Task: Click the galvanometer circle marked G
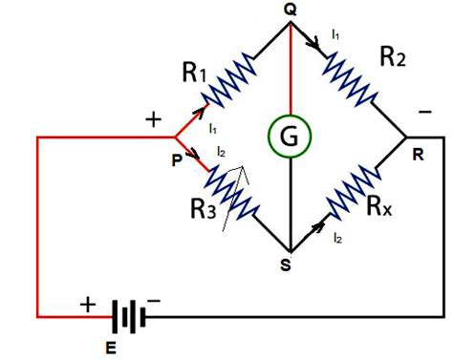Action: pos(287,139)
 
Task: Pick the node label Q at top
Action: pos(290,9)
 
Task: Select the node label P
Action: pos(176,160)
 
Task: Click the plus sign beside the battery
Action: pos(87,305)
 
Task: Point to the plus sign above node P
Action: pos(154,119)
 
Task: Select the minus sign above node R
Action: pos(424,114)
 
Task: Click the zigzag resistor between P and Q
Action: pos(230,78)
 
